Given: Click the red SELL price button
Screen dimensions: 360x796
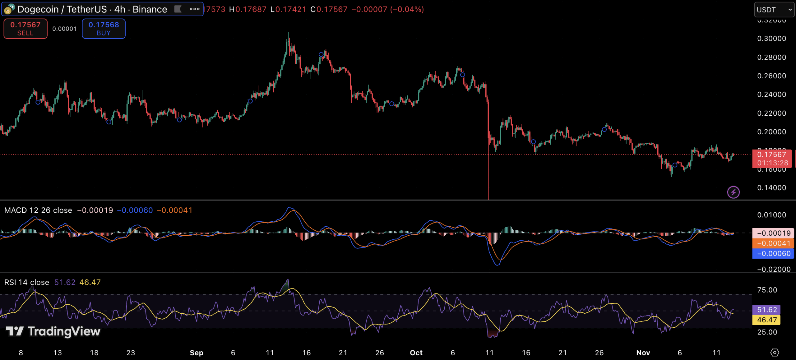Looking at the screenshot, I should (x=25, y=29).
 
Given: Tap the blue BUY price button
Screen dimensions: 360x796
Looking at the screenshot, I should (x=104, y=29).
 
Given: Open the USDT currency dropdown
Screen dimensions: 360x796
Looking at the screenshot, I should (x=774, y=10).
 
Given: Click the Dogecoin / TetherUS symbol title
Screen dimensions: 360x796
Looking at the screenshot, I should (x=92, y=9).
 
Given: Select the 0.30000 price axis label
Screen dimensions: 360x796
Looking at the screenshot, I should (x=771, y=39).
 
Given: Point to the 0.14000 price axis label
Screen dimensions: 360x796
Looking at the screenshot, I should (x=771, y=188).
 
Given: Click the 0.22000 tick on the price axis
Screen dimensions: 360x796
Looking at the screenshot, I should (x=771, y=113).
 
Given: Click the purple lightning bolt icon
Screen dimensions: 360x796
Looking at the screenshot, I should (x=733, y=192).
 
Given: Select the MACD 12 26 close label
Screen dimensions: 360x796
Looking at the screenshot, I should (x=38, y=210).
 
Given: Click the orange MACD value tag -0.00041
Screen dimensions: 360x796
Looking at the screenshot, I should (x=773, y=243).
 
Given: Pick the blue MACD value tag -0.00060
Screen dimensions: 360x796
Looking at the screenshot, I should (x=773, y=254).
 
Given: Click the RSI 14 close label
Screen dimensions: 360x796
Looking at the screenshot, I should (x=27, y=282).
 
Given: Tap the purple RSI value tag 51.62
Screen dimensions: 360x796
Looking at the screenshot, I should (x=766, y=310).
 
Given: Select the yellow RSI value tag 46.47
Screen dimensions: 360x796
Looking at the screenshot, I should (x=766, y=320).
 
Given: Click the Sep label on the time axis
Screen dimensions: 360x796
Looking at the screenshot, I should (x=197, y=353).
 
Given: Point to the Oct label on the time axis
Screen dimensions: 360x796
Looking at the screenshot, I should (x=416, y=353).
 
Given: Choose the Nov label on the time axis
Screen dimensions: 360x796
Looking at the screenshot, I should (x=643, y=353).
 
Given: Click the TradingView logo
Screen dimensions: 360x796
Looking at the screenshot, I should (x=53, y=331).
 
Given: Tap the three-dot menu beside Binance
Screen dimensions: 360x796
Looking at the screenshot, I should (x=195, y=9).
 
